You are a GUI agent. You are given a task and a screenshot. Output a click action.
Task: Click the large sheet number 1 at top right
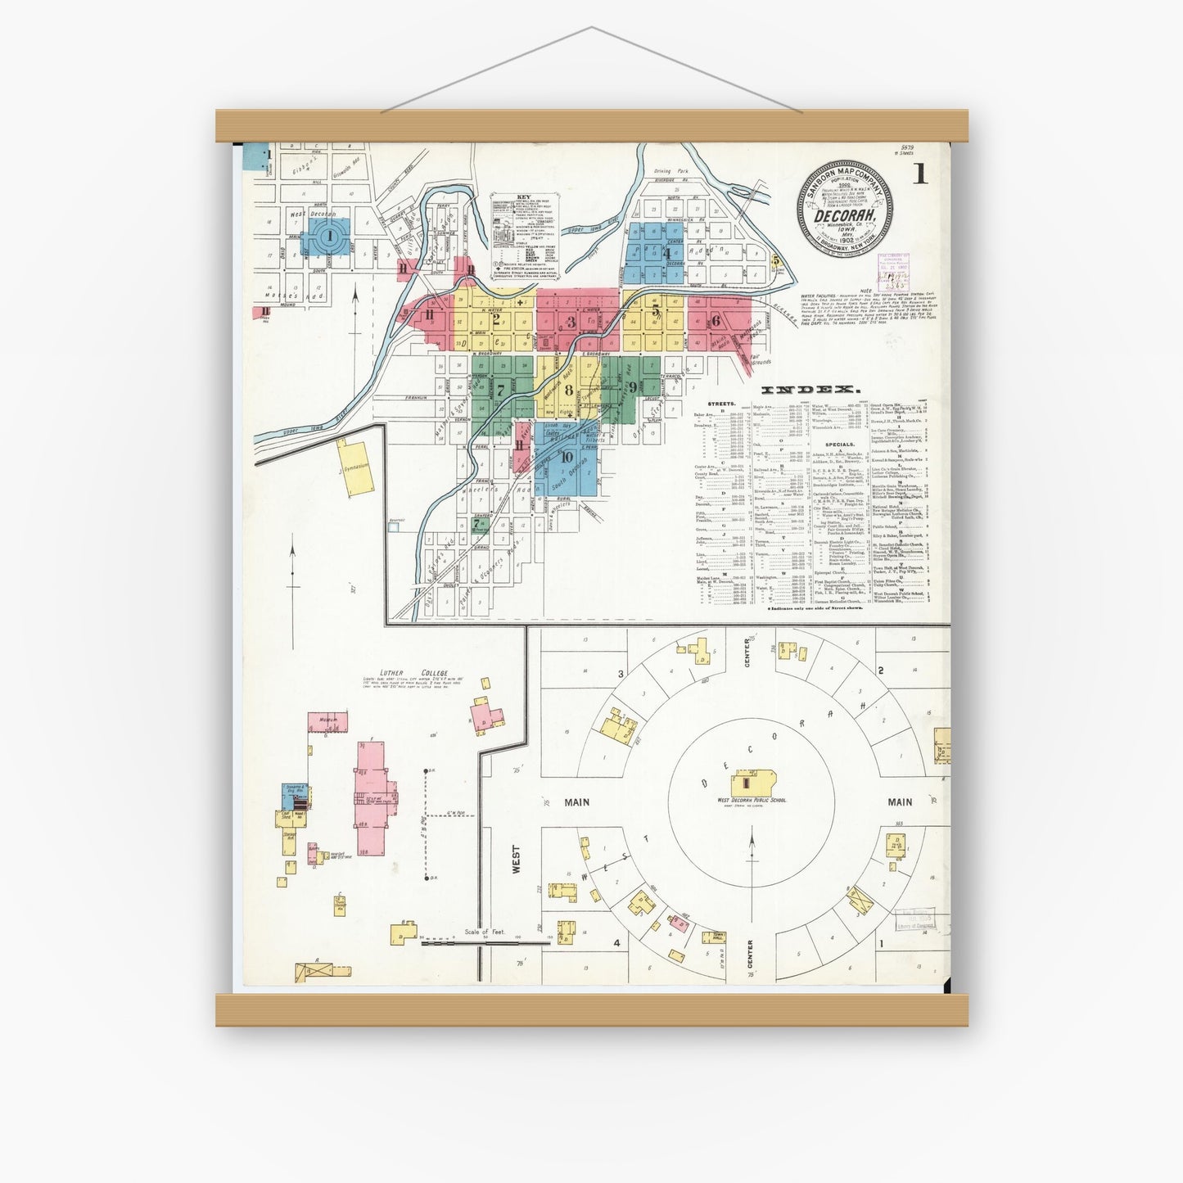click(x=921, y=174)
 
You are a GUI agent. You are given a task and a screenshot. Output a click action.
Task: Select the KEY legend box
click(x=525, y=237)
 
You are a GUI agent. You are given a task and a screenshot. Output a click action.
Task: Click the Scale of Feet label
click(x=485, y=932)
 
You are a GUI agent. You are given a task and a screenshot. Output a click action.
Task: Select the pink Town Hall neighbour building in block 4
click(x=679, y=922)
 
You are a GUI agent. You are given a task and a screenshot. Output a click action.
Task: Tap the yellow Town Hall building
click(x=717, y=938)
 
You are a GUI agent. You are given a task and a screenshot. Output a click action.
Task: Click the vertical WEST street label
click(x=516, y=860)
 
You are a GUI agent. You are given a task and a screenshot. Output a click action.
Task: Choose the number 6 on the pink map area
click(x=715, y=321)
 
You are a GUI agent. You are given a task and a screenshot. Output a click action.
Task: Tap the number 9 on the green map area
click(x=633, y=386)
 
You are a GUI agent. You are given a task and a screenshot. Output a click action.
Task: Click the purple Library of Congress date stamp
click(x=895, y=267)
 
